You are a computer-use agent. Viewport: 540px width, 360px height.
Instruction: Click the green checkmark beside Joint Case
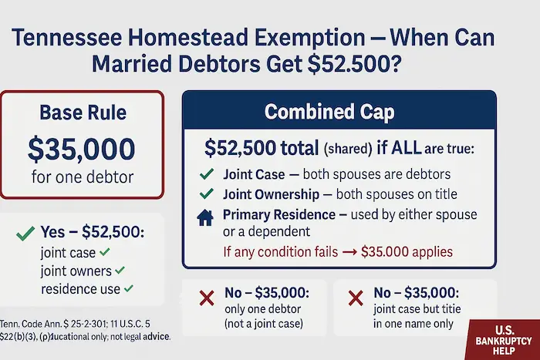click(x=206, y=175)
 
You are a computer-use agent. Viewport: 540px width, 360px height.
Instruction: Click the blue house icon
click(x=206, y=217)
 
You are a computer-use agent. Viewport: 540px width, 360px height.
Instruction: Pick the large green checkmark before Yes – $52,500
click(x=25, y=232)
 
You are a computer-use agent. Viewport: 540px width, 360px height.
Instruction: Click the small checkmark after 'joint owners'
click(x=119, y=271)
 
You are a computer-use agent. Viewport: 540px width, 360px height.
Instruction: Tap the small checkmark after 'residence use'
click(x=128, y=290)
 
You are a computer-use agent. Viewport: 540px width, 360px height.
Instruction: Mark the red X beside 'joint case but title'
click(x=356, y=299)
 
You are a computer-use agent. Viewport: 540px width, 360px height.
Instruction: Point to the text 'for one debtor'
click(x=82, y=177)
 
